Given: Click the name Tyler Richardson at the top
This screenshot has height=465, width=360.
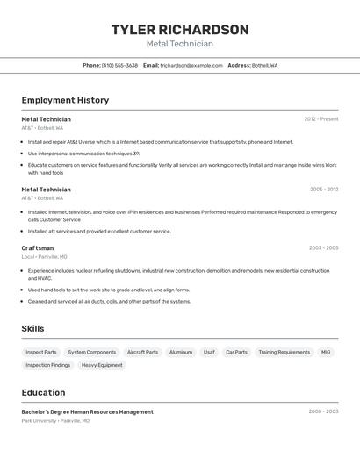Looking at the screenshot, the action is pos(180,30).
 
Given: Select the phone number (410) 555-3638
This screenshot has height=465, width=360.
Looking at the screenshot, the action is pos(119,65).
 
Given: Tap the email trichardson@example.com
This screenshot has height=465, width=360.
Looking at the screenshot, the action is pos(191,65).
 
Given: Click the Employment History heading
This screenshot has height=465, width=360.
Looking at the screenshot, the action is pos(65,100).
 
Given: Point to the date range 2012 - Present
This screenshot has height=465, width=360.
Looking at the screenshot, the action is pos(321,119).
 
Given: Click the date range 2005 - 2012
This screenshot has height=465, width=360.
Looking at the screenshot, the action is pos(324,190).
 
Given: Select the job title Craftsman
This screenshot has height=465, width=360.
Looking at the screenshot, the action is pos(38,248).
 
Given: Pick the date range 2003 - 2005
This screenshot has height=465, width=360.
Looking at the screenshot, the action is pos(324,248).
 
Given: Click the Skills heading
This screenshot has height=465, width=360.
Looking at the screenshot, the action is pos(33,328).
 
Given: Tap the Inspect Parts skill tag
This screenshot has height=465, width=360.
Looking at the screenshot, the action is pos(41,352).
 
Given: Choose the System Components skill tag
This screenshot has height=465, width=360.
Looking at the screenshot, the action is pos(92,352).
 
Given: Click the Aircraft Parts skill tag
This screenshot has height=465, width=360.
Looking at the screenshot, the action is pos(143,352).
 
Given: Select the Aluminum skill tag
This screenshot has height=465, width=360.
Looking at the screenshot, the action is pos(181,352).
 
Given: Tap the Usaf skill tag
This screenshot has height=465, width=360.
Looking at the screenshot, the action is pos(209,352).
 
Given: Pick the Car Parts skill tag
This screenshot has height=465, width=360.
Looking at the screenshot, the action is pos(236,352).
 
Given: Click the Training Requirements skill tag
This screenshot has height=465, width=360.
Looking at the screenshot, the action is pos(284,352).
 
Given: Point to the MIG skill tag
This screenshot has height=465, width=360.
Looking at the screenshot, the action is pos(326,352).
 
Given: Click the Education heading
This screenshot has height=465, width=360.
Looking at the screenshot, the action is pos(43,392).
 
